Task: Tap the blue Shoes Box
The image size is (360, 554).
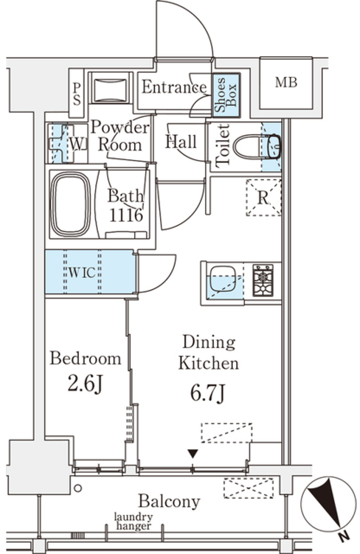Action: click(226, 95)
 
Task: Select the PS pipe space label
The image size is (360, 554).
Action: click(77, 94)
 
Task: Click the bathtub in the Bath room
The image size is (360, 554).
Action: click(70, 204)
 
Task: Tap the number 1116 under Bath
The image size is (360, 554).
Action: click(126, 215)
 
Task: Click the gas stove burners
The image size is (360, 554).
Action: click(263, 280)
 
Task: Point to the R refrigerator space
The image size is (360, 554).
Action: click(264, 198)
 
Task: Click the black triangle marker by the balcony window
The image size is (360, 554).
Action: click(193, 453)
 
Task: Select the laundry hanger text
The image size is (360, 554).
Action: click(133, 521)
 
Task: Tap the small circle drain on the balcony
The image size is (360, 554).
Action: click(78, 488)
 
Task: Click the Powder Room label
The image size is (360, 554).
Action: click(120, 136)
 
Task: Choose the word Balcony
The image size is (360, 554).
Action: click(169, 501)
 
